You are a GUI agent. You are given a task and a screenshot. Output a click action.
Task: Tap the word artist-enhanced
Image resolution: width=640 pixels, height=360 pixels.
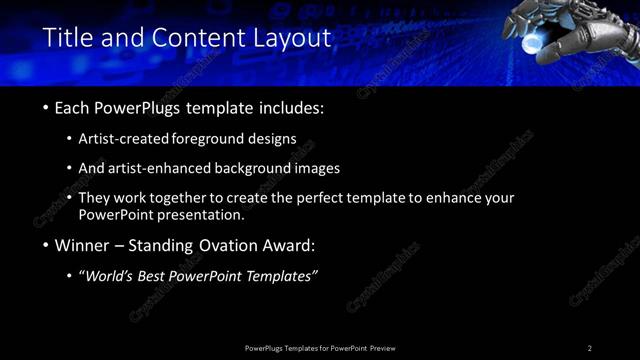(173, 169)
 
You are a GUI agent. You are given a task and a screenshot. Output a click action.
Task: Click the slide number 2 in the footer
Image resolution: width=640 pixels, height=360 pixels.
(590, 348)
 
